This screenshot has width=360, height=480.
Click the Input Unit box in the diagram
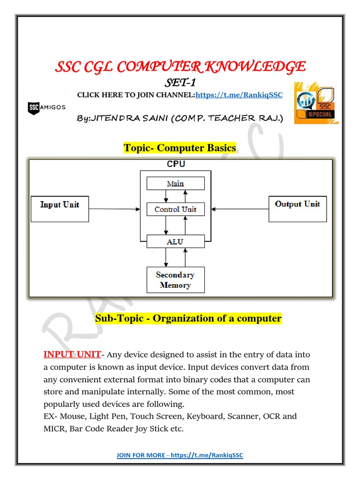(x=60, y=209)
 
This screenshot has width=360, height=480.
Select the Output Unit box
(x=297, y=209)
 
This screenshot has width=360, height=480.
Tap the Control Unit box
(x=175, y=210)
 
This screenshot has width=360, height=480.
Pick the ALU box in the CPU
(x=175, y=241)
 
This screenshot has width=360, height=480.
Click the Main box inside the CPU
(x=175, y=183)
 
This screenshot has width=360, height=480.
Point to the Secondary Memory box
(x=175, y=280)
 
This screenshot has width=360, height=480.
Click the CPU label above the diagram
(x=176, y=164)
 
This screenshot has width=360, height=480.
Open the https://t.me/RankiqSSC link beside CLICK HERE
(x=239, y=95)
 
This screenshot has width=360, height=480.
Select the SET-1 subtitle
(x=180, y=83)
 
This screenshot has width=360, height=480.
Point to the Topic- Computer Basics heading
(x=180, y=148)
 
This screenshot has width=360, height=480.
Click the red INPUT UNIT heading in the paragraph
(x=72, y=354)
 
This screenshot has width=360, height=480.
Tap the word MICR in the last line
(x=55, y=428)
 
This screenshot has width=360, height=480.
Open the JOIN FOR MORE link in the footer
(x=180, y=455)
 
